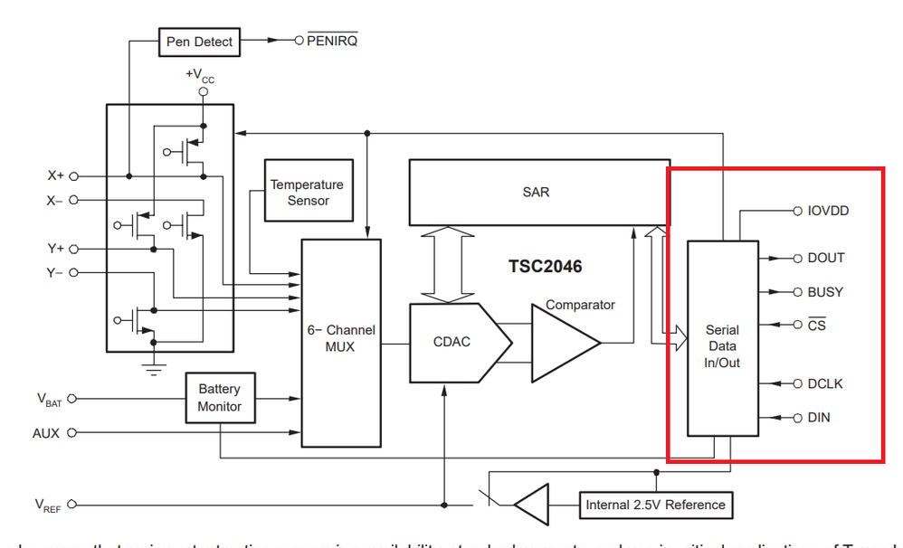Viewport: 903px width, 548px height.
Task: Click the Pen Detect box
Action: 199,41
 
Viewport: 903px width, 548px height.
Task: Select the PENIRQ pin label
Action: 332,41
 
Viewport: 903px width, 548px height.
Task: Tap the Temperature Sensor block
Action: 308,192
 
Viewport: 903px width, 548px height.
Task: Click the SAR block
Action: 535,192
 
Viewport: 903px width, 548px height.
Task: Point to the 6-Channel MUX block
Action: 340,339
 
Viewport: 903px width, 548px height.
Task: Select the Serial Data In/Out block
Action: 722,345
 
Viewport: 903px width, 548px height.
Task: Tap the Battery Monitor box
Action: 220,398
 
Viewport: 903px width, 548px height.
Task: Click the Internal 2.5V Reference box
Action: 655,505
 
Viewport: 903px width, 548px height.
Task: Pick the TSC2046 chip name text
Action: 545,267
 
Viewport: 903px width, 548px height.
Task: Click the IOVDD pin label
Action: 828,211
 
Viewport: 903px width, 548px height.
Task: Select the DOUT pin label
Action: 825,258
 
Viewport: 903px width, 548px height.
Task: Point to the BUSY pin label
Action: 824,292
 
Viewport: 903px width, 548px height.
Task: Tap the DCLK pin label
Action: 824,383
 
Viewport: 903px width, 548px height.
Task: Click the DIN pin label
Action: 818,418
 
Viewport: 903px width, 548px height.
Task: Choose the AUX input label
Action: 46,433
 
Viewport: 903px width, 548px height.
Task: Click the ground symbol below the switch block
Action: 155,366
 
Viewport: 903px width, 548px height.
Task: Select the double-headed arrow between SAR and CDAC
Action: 449,265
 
